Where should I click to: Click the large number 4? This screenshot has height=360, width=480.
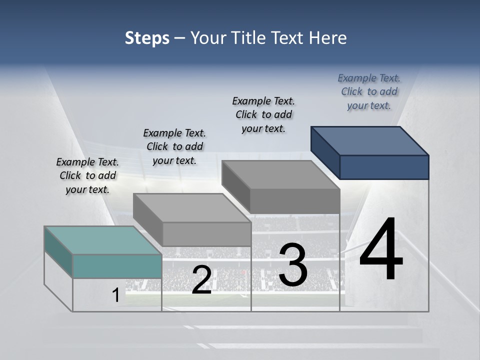coord(381,250)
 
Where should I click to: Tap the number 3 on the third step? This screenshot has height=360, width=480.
coord(293,265)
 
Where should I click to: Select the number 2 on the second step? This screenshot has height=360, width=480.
coord(201,280)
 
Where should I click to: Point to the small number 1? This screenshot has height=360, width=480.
coord(115,295)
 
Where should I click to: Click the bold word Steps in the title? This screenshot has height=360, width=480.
coord(147,38)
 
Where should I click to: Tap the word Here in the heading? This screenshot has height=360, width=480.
coord(328,38)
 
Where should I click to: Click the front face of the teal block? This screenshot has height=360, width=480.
coord(117,266)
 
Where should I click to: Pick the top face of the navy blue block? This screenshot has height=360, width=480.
coord(370,140)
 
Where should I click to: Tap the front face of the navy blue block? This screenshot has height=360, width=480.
coord(384,167)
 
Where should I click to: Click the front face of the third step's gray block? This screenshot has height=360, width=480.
coord(295,201)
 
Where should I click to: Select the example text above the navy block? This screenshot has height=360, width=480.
coord(369,92)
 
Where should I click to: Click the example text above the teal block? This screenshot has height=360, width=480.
coord(87,176)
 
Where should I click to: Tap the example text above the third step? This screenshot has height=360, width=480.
coord(263,114)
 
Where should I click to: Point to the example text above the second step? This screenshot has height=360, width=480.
coord(174,147)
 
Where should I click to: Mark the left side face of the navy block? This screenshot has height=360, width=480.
coord(325,152)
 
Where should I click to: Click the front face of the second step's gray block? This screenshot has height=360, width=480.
coord(206,234)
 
